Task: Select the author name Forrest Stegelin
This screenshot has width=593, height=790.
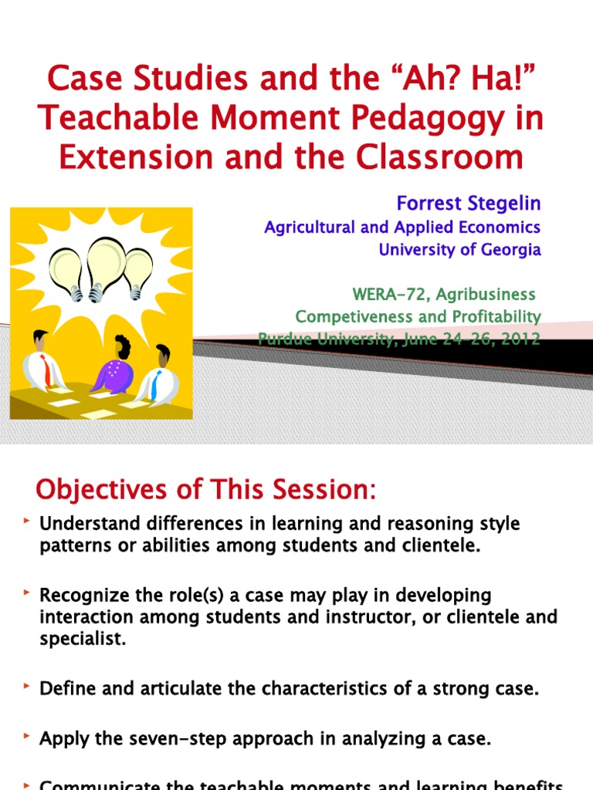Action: pyautogui.click(x=468, y=204)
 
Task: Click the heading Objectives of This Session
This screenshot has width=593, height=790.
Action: pyautogui.click(x=206, y=489)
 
